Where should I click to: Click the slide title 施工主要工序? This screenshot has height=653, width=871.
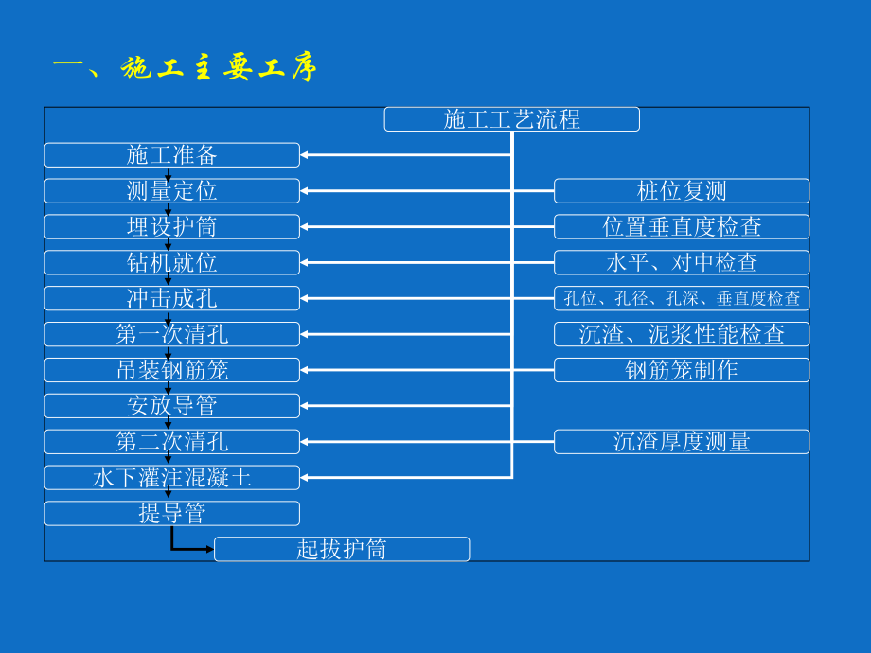(x=185, y=67)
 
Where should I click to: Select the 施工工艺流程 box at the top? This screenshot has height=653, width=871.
(x=511, y=119)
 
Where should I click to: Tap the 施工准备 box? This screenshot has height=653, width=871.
(x=172, y=155)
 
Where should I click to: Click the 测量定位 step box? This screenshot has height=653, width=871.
(x=172, y=191)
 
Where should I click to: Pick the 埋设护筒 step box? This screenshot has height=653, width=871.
(x=172, y=227)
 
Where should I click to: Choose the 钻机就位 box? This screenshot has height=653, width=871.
(x=172, y=262)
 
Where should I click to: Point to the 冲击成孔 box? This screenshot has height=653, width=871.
(x=172, y=298)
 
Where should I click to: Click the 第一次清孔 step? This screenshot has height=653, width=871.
(x=172, y=334)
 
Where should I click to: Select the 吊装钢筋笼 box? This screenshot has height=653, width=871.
(x=172, y=370)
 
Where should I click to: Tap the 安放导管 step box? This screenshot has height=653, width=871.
(x=172, y=406)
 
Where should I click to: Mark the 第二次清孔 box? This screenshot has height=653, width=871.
(x=172, y=442)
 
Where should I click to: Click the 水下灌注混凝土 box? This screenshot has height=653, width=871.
(x=172, y=478)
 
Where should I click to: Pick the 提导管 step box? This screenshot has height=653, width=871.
(x=172, y=514)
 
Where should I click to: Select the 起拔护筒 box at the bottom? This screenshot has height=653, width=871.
(x=342, y=550)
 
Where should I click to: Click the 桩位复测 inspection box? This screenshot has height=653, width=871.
(x=682, y=191)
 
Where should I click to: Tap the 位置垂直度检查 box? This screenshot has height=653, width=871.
(x=682, y=227)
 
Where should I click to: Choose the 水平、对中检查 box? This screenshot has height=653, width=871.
(x=682, y=262)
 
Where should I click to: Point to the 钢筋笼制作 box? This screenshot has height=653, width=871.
(x=682, y=370)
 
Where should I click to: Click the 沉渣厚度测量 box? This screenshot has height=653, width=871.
(x=682, y=442)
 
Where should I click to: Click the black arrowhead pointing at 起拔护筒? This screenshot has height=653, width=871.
(x=208, y=549)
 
